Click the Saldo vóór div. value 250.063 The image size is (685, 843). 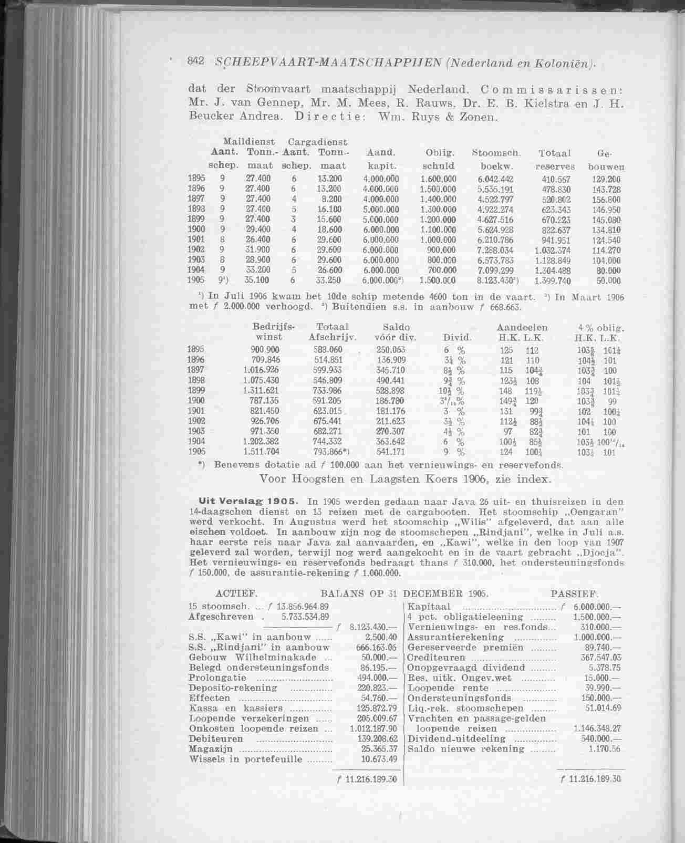click(391, 350)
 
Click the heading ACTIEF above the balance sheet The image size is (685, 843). click(236, 595)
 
